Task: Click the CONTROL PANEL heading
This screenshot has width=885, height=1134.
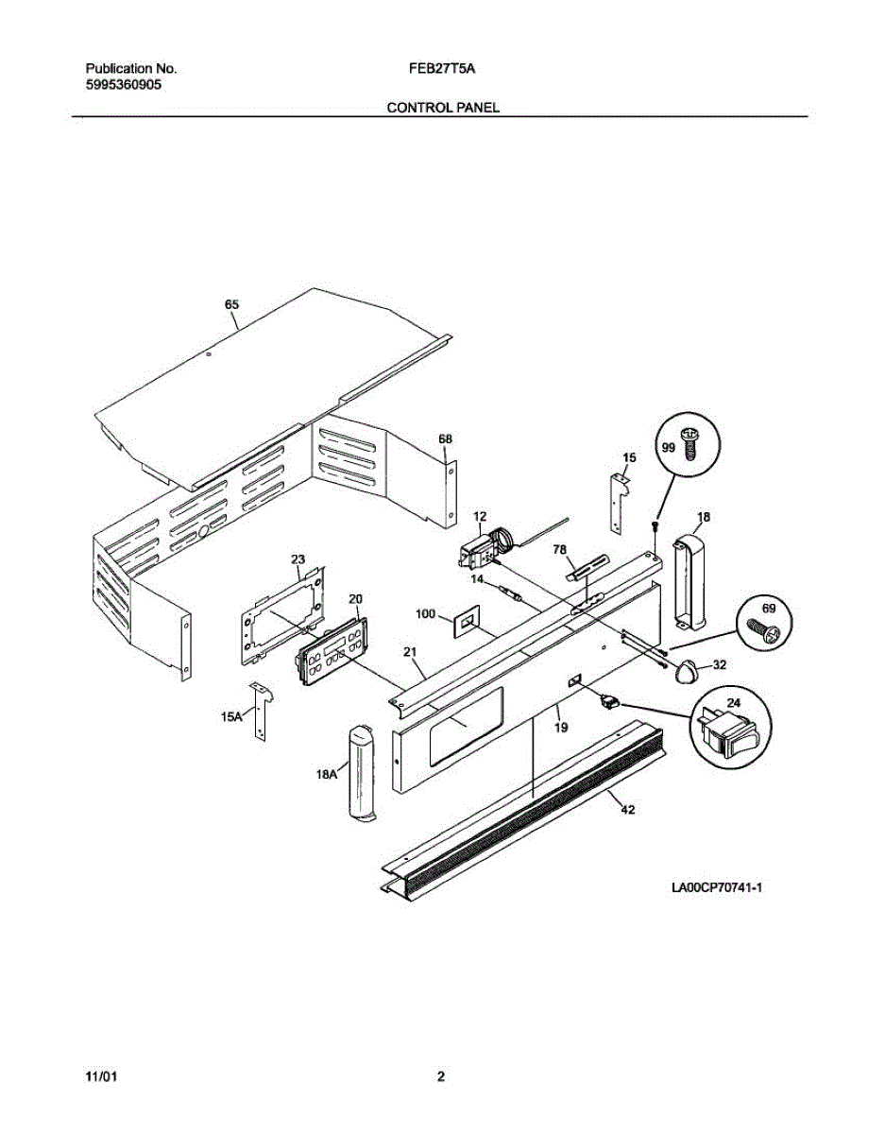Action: click(x=442, y=108)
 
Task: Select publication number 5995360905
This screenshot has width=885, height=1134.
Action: click(x=124, y=84)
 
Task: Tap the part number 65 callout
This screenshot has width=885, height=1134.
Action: click(x=231, y=304)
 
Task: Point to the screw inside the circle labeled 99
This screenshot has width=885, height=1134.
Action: click(x=689, y=441)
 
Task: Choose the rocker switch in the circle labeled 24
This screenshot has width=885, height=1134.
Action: click(x=727, y=730)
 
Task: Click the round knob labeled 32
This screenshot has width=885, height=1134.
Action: click(x=686, y=671)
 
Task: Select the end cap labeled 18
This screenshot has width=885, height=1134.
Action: click(x=689, y=581)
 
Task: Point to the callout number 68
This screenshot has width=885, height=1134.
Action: click(x=445, y=438)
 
